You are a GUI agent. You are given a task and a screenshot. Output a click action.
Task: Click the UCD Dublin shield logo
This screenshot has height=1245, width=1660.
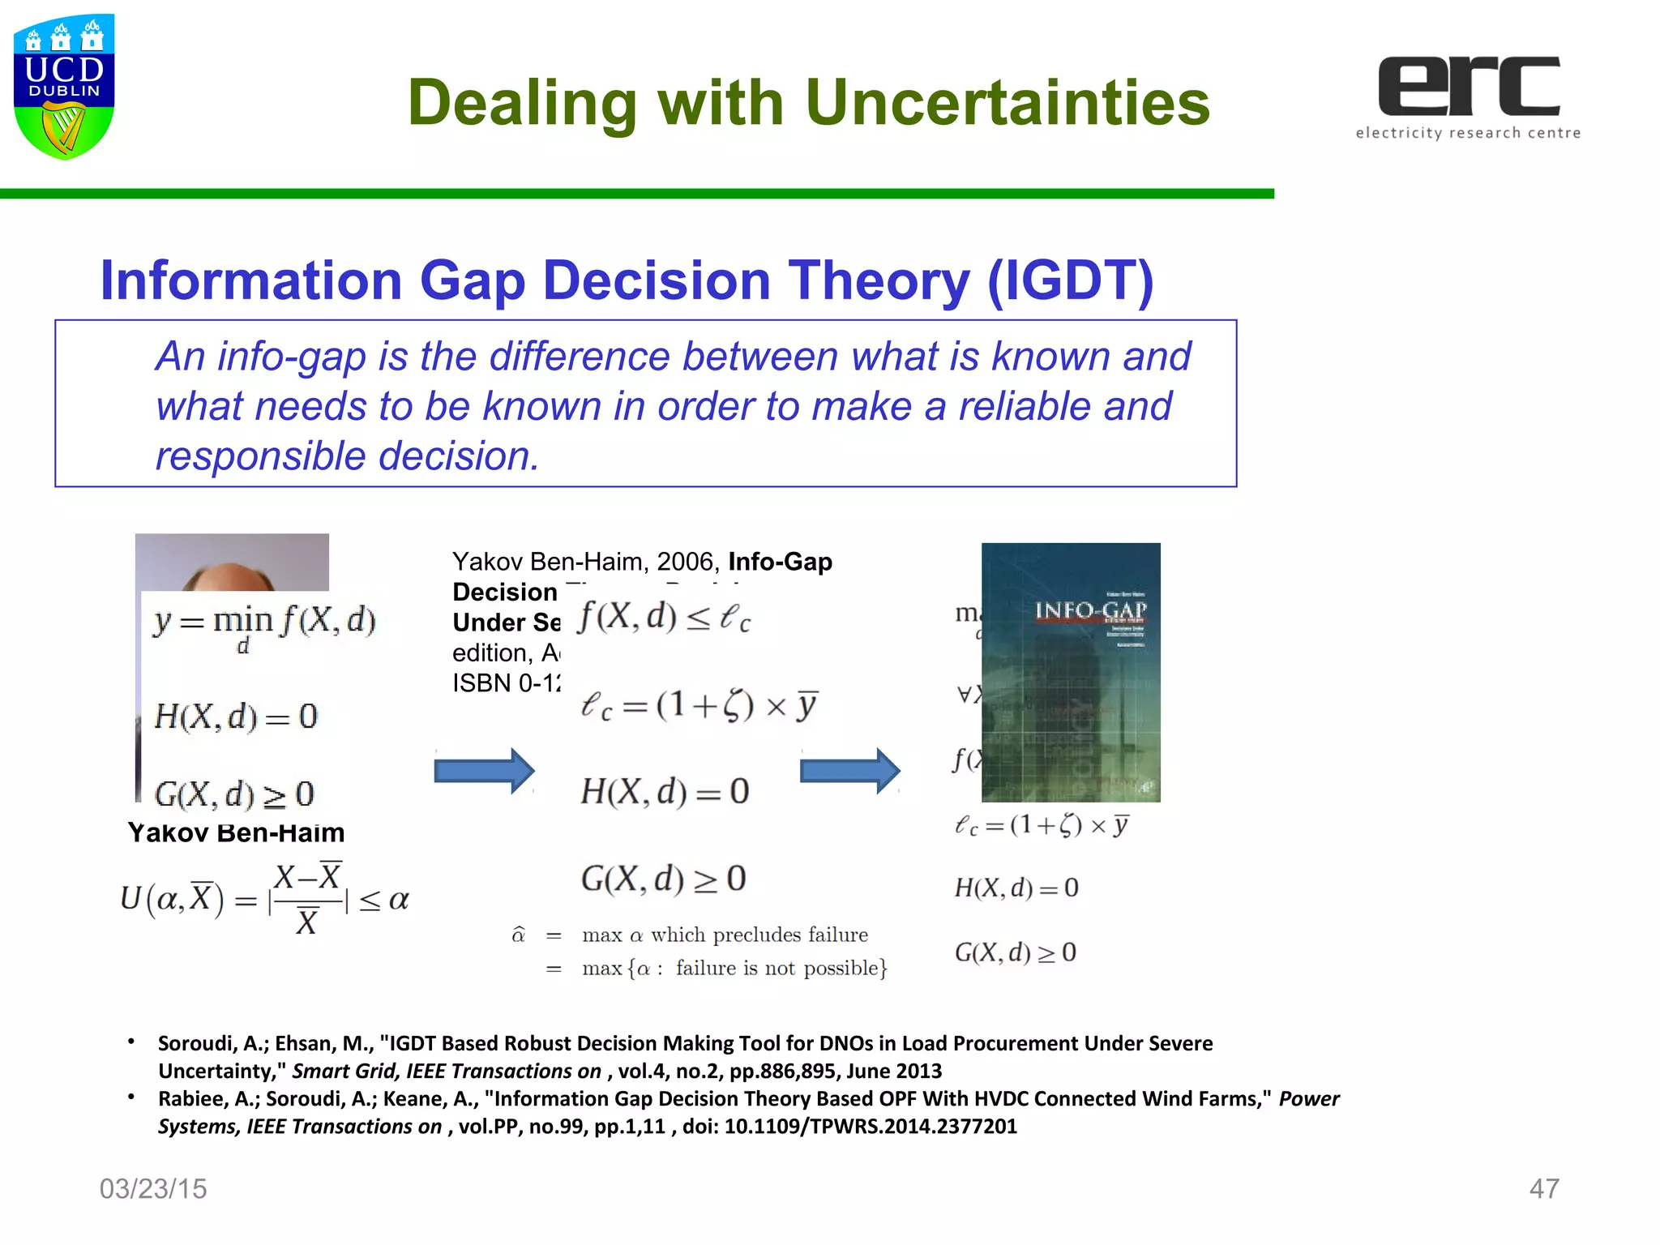point(64,86)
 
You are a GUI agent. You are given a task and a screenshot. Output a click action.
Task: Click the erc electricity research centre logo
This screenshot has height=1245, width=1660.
point(1468,96)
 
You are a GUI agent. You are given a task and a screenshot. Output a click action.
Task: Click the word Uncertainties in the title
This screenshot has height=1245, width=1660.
point(1008,103)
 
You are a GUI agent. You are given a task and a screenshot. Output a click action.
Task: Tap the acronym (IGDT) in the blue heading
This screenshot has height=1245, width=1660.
point(1070,280)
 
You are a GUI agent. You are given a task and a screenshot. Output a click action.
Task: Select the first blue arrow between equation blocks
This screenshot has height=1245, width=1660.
point(484,770)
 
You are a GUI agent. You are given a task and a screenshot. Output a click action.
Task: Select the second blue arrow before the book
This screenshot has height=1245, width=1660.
point(849,770)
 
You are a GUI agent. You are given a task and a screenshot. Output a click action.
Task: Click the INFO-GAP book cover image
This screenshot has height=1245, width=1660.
point(1071,673)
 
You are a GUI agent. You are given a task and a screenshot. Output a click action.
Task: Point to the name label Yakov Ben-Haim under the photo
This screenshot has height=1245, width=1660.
point(236,832)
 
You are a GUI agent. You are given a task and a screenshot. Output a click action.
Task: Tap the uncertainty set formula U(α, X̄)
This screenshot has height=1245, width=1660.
point(264,900)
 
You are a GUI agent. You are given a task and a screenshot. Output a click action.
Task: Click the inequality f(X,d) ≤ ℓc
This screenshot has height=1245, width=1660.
point(664,618)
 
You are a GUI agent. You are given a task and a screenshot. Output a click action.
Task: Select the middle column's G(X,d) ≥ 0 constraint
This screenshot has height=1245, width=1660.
point(663,879)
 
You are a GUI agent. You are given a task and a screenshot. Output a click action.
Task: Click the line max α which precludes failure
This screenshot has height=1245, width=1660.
point(724,935)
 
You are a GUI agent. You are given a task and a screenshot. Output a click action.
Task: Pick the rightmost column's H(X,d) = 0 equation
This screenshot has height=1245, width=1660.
point(1016,888)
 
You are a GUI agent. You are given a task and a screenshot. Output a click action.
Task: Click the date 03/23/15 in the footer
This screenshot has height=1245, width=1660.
point(153,1188)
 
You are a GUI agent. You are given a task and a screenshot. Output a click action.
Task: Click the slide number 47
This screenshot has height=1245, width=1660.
point(1543,1188)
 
